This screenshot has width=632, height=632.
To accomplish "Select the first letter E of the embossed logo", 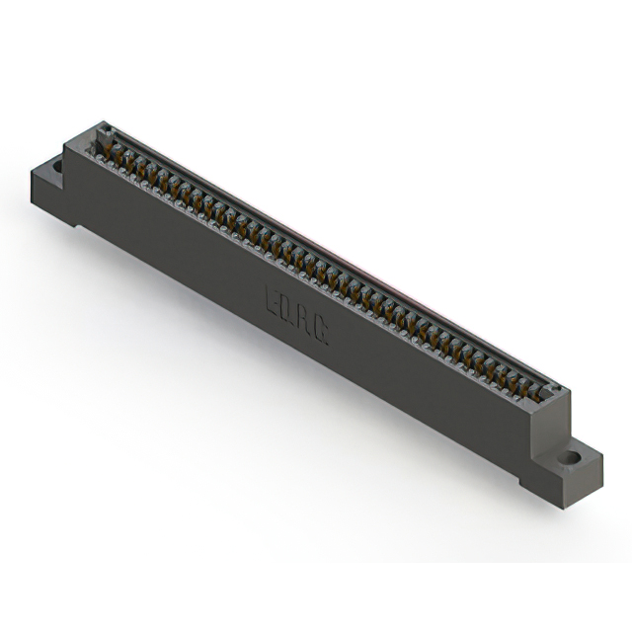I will click(273, 298).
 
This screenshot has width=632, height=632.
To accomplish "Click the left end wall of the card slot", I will click(103, 134).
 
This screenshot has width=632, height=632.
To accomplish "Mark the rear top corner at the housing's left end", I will click(102, 122).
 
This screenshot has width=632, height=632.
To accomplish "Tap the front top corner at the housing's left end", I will click(66, 145).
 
